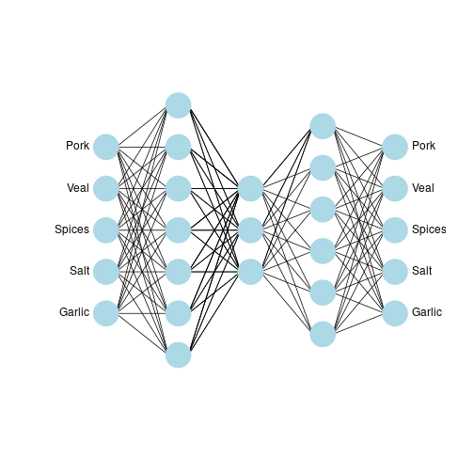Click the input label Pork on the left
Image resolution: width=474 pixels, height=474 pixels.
77,146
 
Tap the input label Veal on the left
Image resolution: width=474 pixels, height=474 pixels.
78,188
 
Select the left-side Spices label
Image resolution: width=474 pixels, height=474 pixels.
71,229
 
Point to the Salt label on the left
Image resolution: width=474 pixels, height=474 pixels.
80,271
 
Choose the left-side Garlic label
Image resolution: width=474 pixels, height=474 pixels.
74,312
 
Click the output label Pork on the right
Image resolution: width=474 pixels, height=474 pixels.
423,146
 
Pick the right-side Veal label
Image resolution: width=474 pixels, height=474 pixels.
423,188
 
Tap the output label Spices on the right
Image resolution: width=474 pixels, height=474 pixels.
429,229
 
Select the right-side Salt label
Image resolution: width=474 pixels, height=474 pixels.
422,271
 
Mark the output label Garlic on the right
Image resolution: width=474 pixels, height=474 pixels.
427,312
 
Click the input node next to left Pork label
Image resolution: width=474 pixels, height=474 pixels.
106,147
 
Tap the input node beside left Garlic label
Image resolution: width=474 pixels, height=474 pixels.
106,313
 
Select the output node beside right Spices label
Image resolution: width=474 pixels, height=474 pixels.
395,230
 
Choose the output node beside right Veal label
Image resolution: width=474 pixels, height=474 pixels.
395,188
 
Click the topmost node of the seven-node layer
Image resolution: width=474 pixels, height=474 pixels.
179,105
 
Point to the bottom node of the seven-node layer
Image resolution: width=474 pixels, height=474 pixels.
179,355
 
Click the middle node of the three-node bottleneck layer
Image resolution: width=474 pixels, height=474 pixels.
250,230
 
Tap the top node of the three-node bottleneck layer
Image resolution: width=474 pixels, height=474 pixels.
250,188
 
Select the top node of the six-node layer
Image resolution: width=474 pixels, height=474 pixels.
323,126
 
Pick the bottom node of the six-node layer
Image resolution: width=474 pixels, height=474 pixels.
323,334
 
